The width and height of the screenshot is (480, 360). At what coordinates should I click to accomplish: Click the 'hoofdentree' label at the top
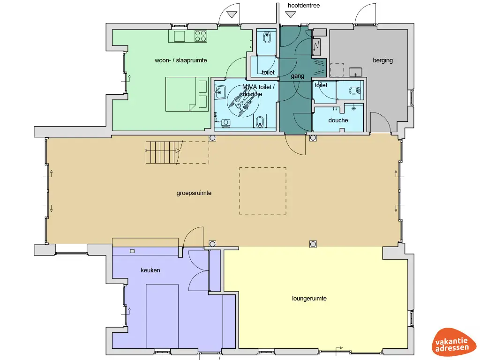click(x=304, y=5)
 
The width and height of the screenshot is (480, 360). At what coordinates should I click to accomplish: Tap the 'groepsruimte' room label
click(x=194, y=193)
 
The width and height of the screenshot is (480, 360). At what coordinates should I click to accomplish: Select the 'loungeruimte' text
click(x=309, y=299)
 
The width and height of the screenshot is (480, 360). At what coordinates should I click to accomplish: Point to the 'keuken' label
click(x=150, y=270)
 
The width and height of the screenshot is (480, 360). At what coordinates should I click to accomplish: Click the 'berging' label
click(x=382, y=60)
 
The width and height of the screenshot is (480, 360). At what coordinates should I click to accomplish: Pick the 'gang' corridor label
click(x=297, y=76)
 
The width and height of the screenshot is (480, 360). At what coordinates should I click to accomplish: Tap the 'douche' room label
click(x=338, y=120)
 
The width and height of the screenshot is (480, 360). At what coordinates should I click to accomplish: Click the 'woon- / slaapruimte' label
click(x=180, y=60)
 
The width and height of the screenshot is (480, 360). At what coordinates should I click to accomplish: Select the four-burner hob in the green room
click(x=201, y=36)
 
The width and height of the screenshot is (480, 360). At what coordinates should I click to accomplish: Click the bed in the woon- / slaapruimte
click(x=187, y=94)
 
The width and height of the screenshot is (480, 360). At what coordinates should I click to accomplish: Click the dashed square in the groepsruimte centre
click(x=262, y=191)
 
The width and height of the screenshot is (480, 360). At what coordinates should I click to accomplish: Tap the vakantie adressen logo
click(x=452, y=342)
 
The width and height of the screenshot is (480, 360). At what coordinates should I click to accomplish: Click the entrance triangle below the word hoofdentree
click(x=291, y=15)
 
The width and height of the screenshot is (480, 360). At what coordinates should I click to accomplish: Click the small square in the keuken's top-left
click(x=132, y=251)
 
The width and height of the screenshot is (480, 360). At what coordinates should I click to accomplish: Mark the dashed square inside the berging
click(x=337, y=70)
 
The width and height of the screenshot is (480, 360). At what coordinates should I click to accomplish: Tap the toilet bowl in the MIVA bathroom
click(x=260, y=121)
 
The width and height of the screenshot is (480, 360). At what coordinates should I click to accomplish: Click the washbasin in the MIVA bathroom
click(x=220, y=92)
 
